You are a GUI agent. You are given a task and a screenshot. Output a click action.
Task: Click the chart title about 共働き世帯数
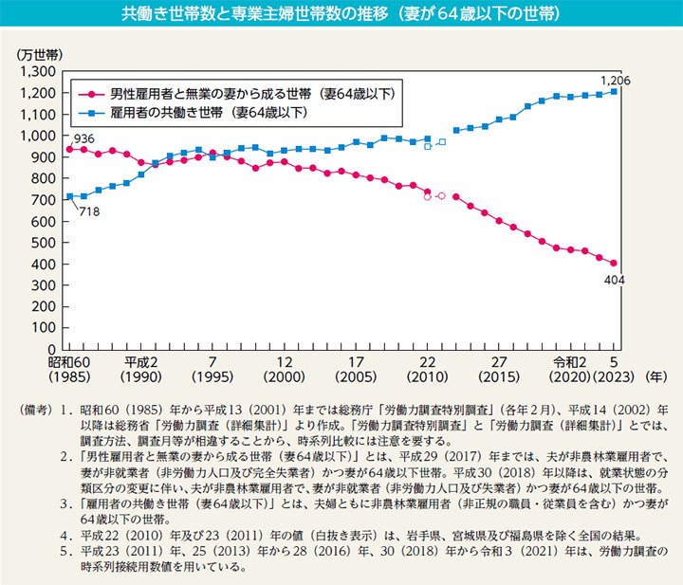point(341,15)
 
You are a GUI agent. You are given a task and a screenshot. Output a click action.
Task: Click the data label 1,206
point(614,79)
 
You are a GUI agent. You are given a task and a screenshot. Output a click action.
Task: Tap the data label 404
point(613,279)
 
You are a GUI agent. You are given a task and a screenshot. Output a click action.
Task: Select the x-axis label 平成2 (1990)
point(140,369)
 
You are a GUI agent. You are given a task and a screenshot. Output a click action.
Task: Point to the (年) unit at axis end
point(655,375)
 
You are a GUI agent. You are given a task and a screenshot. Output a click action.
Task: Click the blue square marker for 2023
point(614,92)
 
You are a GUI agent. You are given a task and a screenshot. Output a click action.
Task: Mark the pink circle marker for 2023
point(614,263)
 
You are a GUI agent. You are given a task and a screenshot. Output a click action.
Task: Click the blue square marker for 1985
point(69,196)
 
